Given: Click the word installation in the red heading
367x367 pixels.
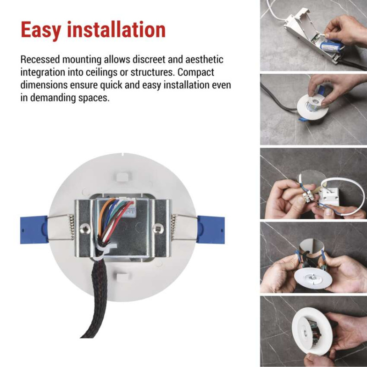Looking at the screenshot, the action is click(117, 29).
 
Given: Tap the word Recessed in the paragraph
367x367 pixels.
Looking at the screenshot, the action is click(40, 60).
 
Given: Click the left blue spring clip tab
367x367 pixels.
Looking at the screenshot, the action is click(34, 230).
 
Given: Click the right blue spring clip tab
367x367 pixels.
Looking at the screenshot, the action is click(211, 229).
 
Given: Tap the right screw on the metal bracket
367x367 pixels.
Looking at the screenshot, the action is click(158, 228).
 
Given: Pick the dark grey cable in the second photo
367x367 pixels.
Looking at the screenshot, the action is click(276, 98).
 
